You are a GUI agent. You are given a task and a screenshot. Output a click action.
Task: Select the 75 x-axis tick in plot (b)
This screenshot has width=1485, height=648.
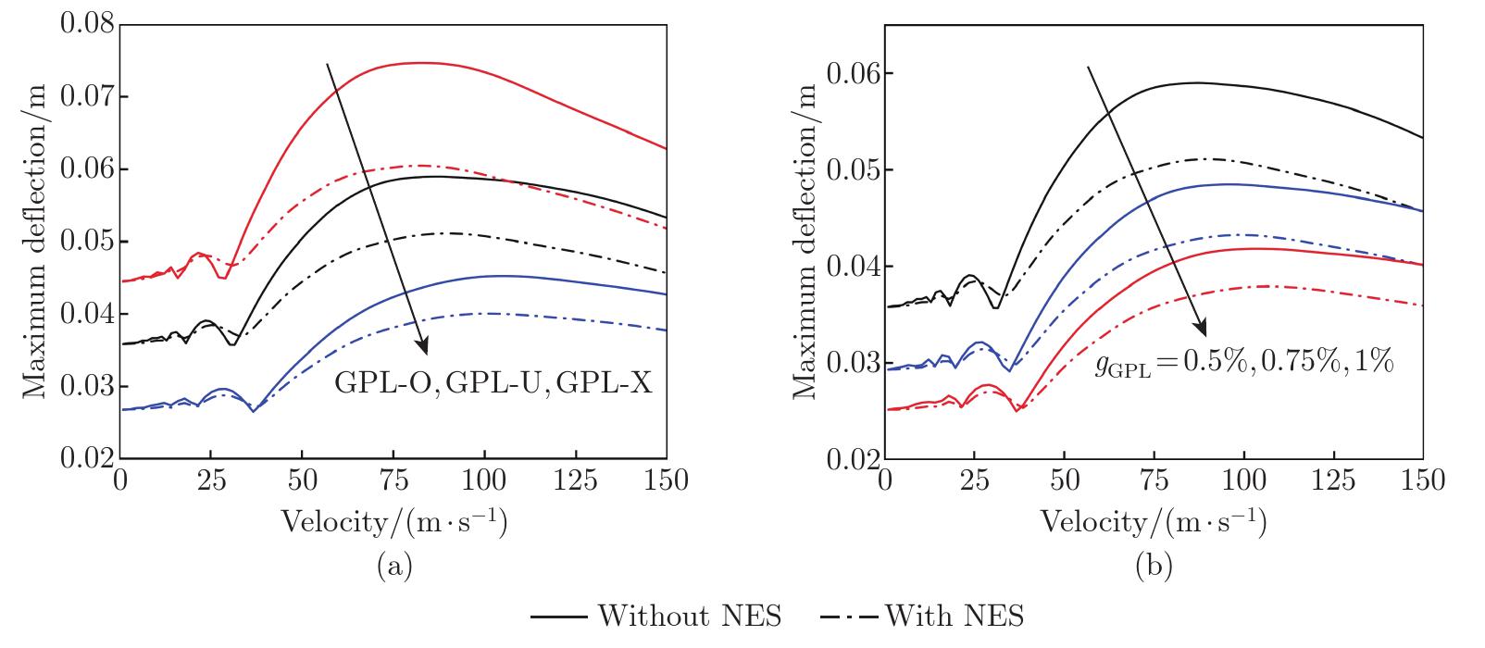[1154, 480]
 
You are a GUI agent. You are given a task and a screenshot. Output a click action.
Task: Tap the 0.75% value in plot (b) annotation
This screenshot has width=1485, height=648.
[1291, 363]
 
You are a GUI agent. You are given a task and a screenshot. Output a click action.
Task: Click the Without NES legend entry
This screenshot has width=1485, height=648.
[656, 616]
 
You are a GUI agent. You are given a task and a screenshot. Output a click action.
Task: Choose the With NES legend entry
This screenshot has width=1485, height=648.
[922, 616]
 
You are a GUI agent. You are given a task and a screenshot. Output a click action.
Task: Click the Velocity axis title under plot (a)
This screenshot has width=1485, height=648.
[393, 522]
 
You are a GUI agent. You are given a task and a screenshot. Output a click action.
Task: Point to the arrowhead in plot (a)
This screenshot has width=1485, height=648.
[424, 349]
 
